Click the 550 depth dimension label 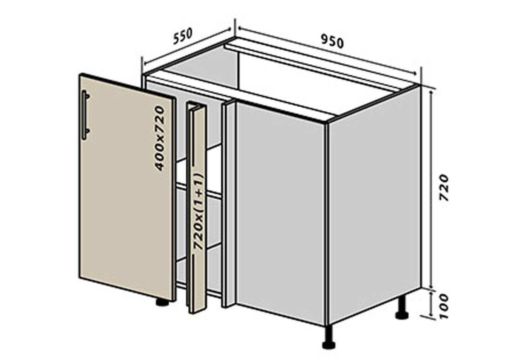point(183,36)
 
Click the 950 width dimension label point(332,41)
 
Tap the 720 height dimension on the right point(444,187)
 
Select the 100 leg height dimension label point(443,306)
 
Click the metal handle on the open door point(85,115)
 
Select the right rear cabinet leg point(402,307)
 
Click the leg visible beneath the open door point(162,302)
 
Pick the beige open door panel point(127,187)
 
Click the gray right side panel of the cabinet point(374,204)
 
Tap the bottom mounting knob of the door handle point(88,131)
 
